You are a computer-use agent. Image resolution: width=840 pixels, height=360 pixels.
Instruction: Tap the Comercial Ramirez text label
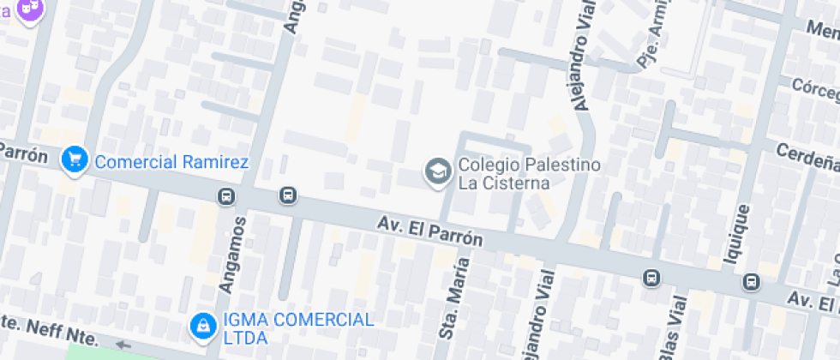(x=171, y=162)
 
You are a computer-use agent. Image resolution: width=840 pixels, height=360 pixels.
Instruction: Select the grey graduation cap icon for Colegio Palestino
(x=438, y=171)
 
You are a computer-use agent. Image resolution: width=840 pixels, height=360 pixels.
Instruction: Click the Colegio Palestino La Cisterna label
(x=529, y=173)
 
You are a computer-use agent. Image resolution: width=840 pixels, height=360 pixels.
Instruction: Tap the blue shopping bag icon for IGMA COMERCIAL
(x=203, y=326)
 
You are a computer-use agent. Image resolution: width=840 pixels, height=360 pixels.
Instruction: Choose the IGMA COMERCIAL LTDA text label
(x=297, y=327)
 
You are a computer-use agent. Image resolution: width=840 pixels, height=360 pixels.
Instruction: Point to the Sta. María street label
(x=450, y=300)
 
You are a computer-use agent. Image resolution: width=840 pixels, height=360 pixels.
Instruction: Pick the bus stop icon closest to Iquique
(x=752, y=281)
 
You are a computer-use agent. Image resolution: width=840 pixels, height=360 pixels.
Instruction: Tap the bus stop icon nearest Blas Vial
(x=651, y=277)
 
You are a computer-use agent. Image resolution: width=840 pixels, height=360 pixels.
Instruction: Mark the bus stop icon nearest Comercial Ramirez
(x=226, y=196)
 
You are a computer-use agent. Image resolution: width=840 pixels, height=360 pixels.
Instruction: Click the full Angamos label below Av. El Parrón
(x=237, y=255)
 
